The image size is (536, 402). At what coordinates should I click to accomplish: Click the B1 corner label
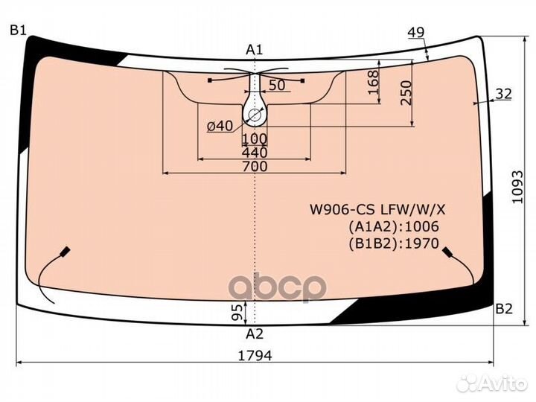click(x=17, y=31)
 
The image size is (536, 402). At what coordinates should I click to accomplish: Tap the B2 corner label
click(x=504, y=309)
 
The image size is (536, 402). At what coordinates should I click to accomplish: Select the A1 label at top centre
click(x=255, y=51)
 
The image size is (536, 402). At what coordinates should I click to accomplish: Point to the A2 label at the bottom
click(x=255, y=334)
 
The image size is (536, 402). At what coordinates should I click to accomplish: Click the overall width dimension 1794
click(x=255, y=356)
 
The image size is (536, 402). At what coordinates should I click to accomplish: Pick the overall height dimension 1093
click(x=517, y=187)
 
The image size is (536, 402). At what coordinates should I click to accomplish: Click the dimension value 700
click(x=255, y=167)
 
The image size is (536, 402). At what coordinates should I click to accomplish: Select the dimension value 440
click(x=255, y=152)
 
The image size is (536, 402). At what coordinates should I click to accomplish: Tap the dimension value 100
click(x=255, y=138)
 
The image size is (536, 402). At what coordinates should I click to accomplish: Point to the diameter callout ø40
click(x=220, y=126)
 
